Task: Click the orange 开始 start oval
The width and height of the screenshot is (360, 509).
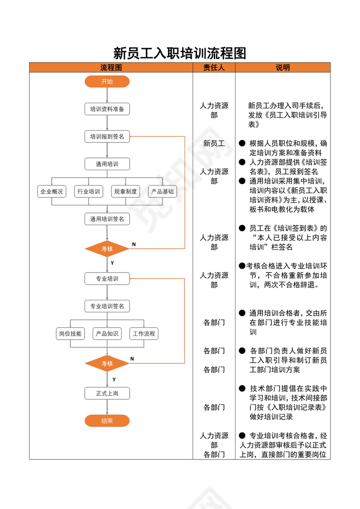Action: coord(107,82)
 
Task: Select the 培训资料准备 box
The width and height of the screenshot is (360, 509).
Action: coord(107,109)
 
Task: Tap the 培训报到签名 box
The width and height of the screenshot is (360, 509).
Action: coord(107,137)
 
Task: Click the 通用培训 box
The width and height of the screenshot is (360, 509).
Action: coord(107,164)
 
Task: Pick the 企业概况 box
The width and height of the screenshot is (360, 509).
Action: coord(52,191)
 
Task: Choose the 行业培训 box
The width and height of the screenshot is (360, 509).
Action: coord(88,191)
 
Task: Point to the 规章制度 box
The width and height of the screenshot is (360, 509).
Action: coord(125,191)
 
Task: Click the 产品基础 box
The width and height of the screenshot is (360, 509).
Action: coord(162,191)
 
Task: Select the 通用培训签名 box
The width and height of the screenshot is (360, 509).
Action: coord(107,219)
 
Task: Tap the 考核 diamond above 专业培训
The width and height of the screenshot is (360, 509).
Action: coord(107,249)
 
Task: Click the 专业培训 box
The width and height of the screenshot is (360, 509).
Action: coord(107,279)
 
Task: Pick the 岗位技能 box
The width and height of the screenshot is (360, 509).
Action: coord(70,334)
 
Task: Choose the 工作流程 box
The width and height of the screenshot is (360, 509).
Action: coord(144,334)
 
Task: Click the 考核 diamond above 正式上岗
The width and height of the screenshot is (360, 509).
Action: coord(107,363)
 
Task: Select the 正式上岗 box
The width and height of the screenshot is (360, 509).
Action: coord(107,394)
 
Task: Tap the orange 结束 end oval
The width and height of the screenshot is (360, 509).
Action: coord(107,420)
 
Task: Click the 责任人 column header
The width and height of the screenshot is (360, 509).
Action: coord(214,68)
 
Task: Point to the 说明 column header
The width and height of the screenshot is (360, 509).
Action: coord(283,68)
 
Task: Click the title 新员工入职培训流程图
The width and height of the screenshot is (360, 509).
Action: coord(180,53)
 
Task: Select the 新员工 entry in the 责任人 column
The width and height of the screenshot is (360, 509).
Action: coord(214,143)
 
